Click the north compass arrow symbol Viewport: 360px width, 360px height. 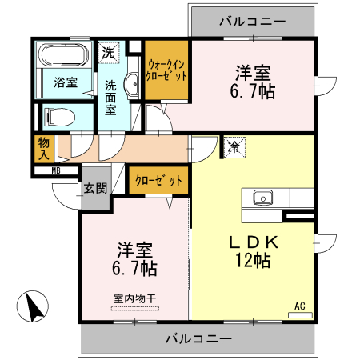coord(31,308)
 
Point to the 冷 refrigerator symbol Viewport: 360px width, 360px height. coord(234,147)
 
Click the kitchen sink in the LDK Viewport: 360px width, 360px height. coord(263,197)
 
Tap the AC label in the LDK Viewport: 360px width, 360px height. coord(300,306)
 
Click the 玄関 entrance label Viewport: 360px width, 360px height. coord(94,189)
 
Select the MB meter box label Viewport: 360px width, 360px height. coord(56,170)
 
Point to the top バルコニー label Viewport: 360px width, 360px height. coord(251,20)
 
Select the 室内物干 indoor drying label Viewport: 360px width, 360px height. coord(134,298)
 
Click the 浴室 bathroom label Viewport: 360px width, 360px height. coord(65,82)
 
